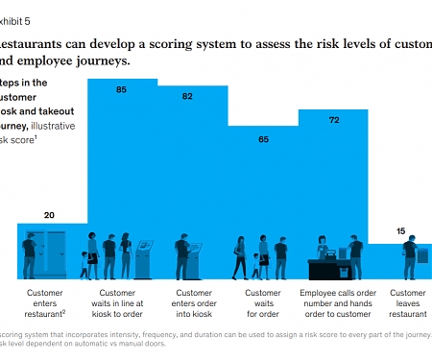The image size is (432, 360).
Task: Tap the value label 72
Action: pos(334,121)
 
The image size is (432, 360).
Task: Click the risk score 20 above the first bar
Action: pos(48,216)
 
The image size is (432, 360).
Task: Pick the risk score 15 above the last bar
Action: pos(401,230)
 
